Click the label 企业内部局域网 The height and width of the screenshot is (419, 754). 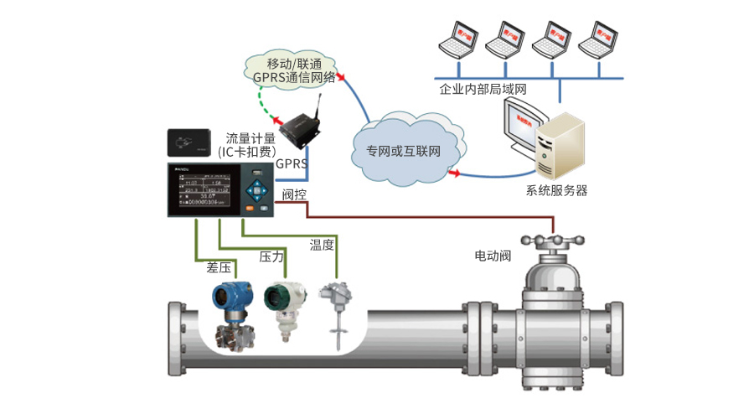pos(483,89)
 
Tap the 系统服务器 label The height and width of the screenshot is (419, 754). pos(556,191)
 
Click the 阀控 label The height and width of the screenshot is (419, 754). pos(294,195)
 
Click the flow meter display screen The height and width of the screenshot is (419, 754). pos(205,190)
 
